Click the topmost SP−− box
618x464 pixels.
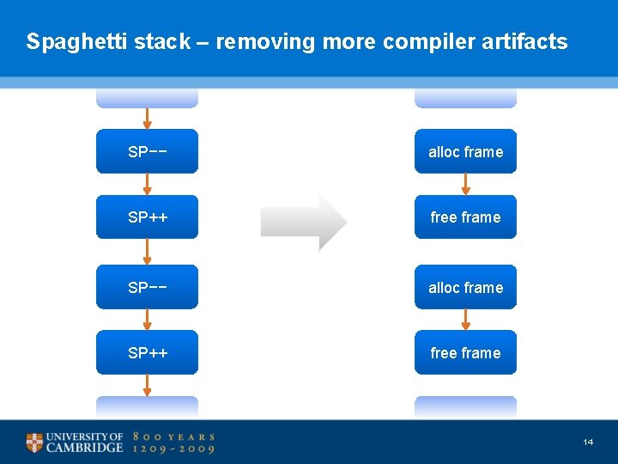click(147, 151)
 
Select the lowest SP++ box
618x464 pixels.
click(147, 352)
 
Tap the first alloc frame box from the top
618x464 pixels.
click(465, 151)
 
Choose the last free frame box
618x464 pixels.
click(465, 352)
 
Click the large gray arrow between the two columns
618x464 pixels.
click(304, 222)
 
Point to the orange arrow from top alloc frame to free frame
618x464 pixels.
click(465, 184)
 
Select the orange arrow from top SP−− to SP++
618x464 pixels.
click(147, 184)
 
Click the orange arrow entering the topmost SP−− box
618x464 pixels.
click(147, 119)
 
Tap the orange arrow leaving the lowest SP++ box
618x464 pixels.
click(147, 385)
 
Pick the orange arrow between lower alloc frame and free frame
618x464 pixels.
click(465, 320)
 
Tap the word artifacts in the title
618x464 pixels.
click(526, 41)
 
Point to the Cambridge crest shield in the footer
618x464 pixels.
click(34, 443)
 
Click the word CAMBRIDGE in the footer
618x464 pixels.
click(84, 448)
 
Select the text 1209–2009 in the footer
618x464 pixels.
click(173, 449)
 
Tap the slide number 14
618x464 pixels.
click(588, 442)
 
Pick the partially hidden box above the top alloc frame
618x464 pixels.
click(465, 98)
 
